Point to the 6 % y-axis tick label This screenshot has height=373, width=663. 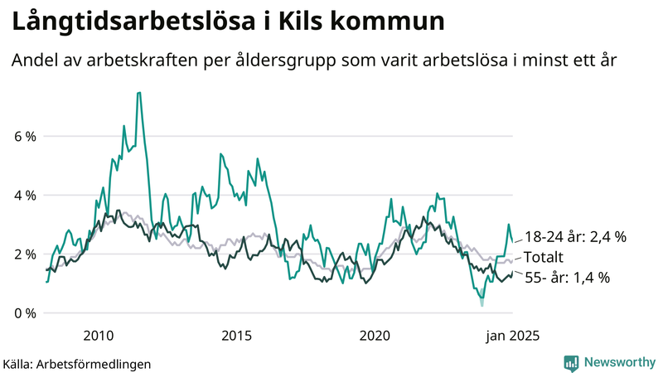point(24,136)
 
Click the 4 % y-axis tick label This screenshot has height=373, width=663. point(24,196)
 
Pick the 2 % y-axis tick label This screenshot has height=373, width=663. point(24,254)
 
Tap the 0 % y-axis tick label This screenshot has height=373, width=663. point(24,313)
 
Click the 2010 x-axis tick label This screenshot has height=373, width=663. point(98,336)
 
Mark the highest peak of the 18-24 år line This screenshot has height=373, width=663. point(138,92)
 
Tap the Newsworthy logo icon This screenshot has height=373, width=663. point(571,362)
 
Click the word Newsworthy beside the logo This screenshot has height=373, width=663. point(620,362)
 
